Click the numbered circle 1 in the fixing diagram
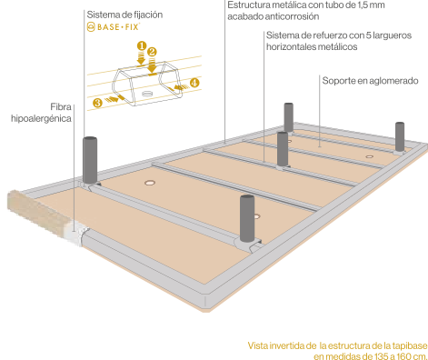click(142, 46)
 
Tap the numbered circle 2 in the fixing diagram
click(152, 52)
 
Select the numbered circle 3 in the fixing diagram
click(97, 103)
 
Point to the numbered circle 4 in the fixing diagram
click(194, 83)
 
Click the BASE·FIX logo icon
click(91, 27)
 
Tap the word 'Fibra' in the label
click(61, 107)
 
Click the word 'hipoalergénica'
click(41, 118)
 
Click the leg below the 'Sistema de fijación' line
click(90, 160)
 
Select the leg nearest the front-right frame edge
click(247, 218)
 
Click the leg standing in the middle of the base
click(283, 149)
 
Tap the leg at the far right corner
click(400, 136)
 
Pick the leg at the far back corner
click(289, 117)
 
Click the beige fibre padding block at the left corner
click(39, 212)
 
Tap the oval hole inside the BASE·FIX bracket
click(146, 94)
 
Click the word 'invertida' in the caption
click(287, 345)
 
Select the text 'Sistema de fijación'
click(124, 15)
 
